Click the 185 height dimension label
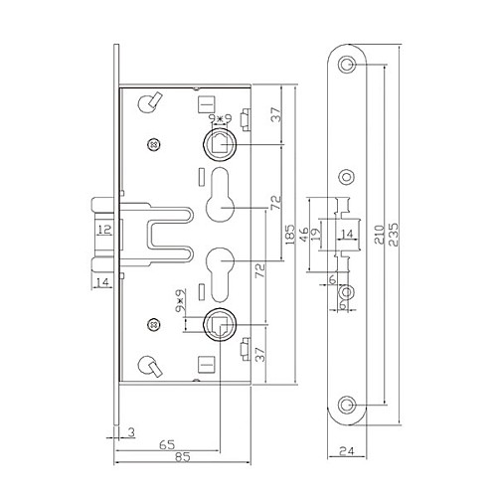click(x=289, y=235)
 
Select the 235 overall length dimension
click(x=394, y=235)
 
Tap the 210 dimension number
click(x=379, y=235)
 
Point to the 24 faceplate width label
click(x=347, y=450)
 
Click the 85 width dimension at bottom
click(x=183, y=457)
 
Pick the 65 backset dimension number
click(x=167, y=444)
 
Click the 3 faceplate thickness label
click(x=131, y=432)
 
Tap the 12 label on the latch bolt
click(x=104, y=230)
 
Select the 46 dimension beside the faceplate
click(x=303, y=234)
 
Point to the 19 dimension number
click(x=317, y=234)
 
